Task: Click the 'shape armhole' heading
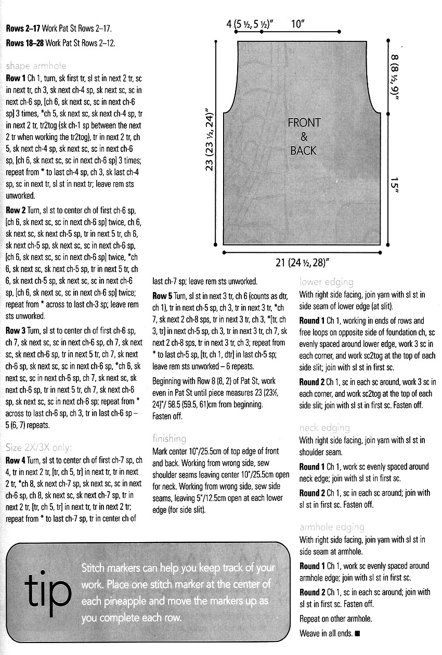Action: pos(36,66)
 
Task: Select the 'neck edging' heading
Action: pos(324,428)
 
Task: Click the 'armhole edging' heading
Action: pos(332,527)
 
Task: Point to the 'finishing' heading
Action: pos(169,439)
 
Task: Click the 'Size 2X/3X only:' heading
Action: pos(40,447)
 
